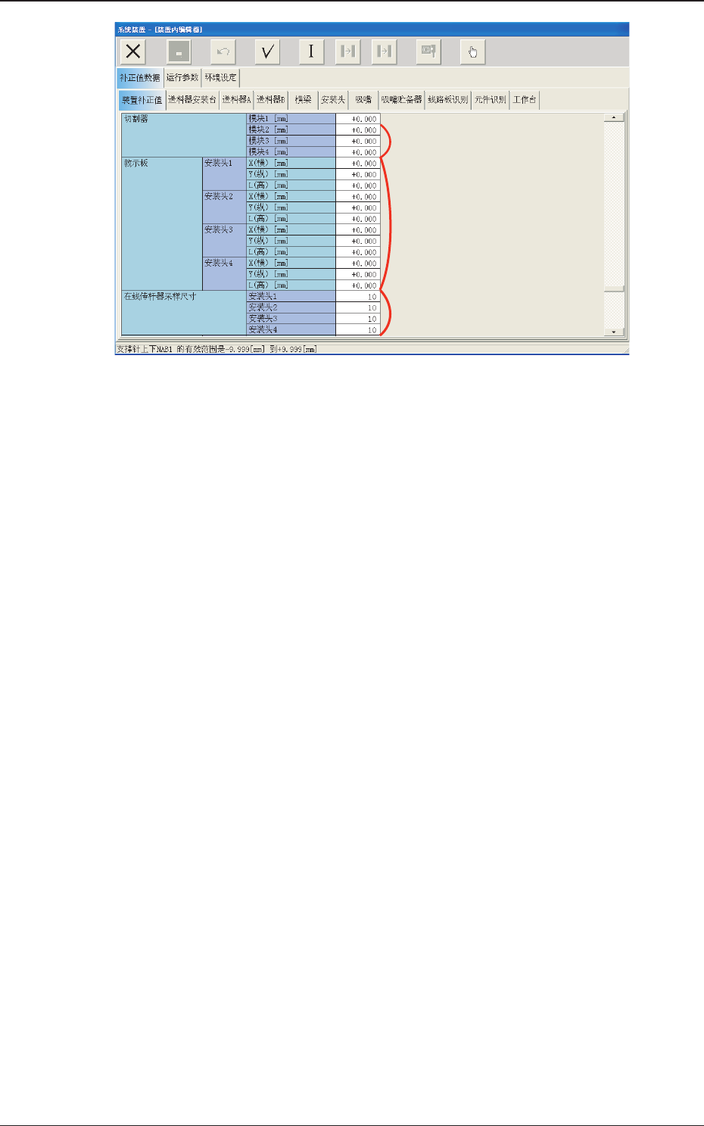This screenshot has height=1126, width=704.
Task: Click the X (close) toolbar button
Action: click(133, 51)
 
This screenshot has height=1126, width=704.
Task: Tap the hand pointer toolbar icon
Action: click(472, 51)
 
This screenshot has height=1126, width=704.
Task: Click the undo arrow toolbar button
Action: click(223, 51)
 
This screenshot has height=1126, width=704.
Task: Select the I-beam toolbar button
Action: click(310, 51)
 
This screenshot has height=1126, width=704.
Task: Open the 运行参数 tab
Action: click(182, 77)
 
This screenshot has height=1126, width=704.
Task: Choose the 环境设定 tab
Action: click(221, 77)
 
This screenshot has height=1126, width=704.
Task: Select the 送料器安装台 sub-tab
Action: click(192, 100)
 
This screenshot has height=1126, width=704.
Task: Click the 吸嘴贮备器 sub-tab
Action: click(401, 100)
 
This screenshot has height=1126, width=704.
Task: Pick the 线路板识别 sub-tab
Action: click(448, 100)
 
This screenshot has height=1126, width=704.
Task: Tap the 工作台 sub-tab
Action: click(525, 100)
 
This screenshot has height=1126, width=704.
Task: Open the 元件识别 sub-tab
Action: click(490, 100)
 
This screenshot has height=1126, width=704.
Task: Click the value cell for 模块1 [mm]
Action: click(358, 119)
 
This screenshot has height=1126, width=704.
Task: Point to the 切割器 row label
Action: click(136, 119)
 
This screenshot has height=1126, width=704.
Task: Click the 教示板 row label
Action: click(136, 164)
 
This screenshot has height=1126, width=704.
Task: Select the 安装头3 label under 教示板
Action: click(219, 230)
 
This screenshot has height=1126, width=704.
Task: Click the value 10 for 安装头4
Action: click(358, 330)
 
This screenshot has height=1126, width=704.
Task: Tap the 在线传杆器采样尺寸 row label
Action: click(160, 297)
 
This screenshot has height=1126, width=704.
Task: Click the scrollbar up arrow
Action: click(614, 117)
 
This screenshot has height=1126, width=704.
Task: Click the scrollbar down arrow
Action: click(614, 332)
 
